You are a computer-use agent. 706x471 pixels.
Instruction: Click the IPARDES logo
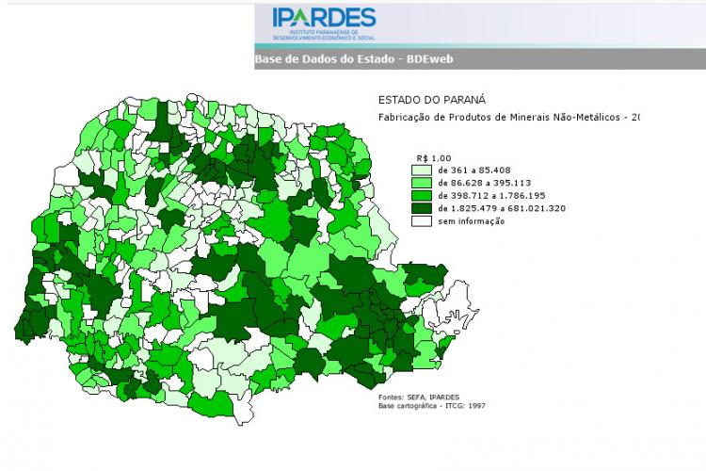click(x=324, y=24)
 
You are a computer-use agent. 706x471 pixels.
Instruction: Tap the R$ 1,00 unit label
click(x=434, y=157)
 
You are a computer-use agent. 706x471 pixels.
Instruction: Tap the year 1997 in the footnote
click(x=475, y=406)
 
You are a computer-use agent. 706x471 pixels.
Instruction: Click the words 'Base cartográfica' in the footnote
click(x=413, y=406)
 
